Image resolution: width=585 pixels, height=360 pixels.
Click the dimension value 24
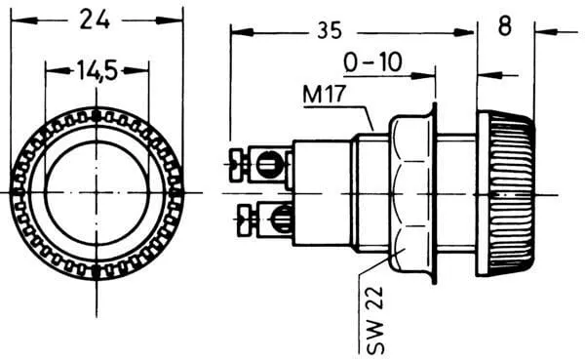(95, 20)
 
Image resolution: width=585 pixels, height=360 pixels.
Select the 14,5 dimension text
(97, 70)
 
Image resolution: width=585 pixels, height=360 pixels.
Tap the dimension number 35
(330, 30)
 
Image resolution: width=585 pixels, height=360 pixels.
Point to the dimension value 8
(504, 27)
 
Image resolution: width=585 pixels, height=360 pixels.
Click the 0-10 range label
(372, 62)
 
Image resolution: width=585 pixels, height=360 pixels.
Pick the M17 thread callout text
(325, 94)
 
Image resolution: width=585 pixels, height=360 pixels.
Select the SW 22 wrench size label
(374, 320)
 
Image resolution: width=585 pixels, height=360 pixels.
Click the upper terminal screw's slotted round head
(268, 164)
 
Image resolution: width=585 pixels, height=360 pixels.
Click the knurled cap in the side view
(506, 193)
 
